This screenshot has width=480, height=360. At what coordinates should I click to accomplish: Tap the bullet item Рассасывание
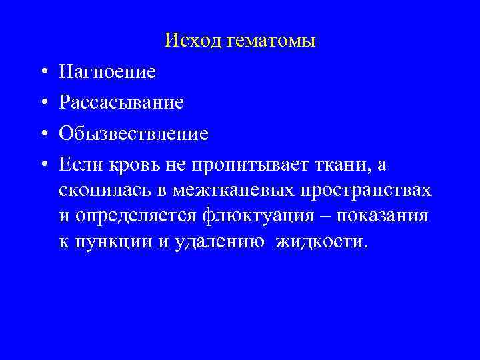pyautogui.click(x=121, y=103)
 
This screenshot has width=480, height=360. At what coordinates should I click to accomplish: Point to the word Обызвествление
pyautogui.click(x=133, y=134)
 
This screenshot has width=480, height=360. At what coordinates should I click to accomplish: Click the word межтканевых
pyautogui.click(x=235, y=191)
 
